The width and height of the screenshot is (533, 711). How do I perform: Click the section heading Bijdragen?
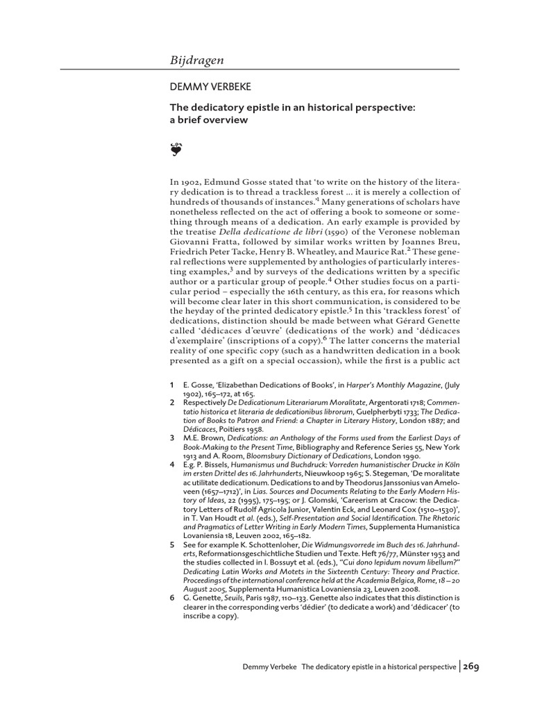coord(197,60)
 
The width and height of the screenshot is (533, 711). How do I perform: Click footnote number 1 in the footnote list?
coord(172,384)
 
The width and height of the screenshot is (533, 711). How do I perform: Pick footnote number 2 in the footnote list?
coord(172,402)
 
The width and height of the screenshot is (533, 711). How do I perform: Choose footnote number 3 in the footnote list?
coord(172,438)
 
